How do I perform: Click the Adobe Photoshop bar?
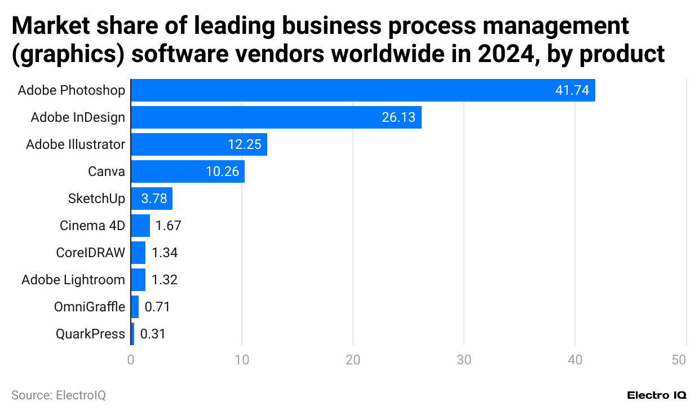click(362, 90)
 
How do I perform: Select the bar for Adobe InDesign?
click(276, 117)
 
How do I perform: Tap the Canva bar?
click(187, 171)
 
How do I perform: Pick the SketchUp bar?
click(152, 199)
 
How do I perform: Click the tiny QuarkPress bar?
click(132, 334)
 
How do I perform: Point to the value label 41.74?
click(572, 90)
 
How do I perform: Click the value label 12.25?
click(245, 144)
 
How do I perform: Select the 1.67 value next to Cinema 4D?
click(168, 226)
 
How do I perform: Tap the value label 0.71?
click(157, 307)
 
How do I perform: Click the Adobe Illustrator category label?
click(76, 144)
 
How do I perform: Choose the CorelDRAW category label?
click(90, 253)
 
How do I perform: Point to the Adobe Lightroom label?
click(73, 280)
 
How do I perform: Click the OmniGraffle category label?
click(89, 307)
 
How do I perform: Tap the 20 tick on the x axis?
click(353, 360)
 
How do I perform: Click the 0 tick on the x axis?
click(131, 360)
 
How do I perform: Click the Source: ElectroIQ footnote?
click(59, 395)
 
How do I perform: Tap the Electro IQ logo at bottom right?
click(657, 395)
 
